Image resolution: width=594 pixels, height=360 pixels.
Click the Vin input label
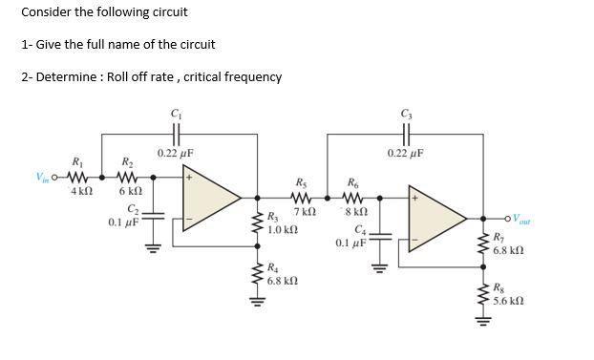click(42, 177)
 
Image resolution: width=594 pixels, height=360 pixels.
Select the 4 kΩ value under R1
click(81, 191)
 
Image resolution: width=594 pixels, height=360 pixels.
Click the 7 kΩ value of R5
click(305, 210)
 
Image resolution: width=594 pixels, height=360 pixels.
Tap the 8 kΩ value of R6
click(355, 210)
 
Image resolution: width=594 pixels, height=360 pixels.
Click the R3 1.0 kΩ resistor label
click(283, 224)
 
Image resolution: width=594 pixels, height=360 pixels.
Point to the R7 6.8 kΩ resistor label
click(508, 244)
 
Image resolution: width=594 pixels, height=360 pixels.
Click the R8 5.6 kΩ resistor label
click(508, 293)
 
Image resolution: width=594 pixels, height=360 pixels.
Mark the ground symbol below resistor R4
click(257, 304)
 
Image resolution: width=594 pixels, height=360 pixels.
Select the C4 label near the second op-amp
click(360, 230)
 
